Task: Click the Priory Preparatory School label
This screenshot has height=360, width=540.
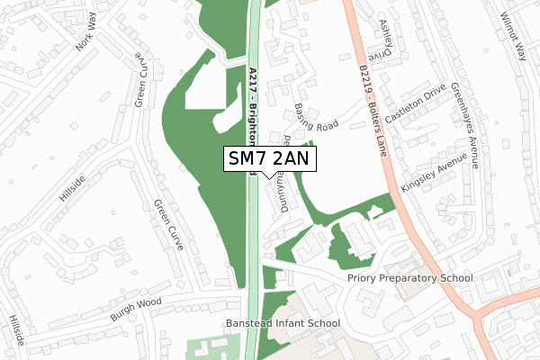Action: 409,278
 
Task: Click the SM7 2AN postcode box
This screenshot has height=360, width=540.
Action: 269,158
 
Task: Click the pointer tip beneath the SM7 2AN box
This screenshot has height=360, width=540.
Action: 269,177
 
